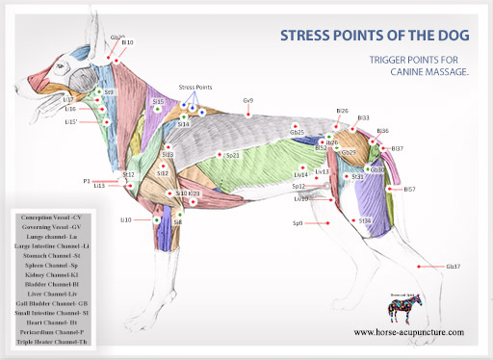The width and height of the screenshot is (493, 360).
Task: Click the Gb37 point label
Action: click(x=454, y=266)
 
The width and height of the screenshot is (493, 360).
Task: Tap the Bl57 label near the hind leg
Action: click(x=409, y=190)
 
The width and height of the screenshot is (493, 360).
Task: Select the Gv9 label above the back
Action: click(x=248, y=100)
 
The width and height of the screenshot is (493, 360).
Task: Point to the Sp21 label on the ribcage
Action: click(x=232, y=154)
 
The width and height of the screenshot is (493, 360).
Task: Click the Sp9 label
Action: click(x=298, y=223)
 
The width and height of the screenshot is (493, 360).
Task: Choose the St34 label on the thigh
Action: click(x=364, y=220)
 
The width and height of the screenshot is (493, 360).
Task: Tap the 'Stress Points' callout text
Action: click(x=195, y=88)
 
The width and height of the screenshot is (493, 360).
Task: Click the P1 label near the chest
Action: click(x=87, y=180)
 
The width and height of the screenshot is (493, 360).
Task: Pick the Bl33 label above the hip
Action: click(x=363, y=118)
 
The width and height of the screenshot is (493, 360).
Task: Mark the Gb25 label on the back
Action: click(x=297, y=133)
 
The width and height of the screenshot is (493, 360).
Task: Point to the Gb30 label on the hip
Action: click(x=376, y=169)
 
